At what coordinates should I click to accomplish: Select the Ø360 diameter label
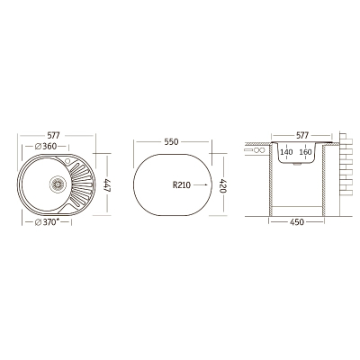46,147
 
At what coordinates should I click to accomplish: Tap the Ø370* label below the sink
48,222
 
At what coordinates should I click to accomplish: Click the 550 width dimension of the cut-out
171,142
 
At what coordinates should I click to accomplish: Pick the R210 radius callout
182,185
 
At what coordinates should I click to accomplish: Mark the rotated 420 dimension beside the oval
223,186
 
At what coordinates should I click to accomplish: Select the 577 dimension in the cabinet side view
302,136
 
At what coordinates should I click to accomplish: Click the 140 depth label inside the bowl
286,152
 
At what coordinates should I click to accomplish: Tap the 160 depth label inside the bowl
305,152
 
